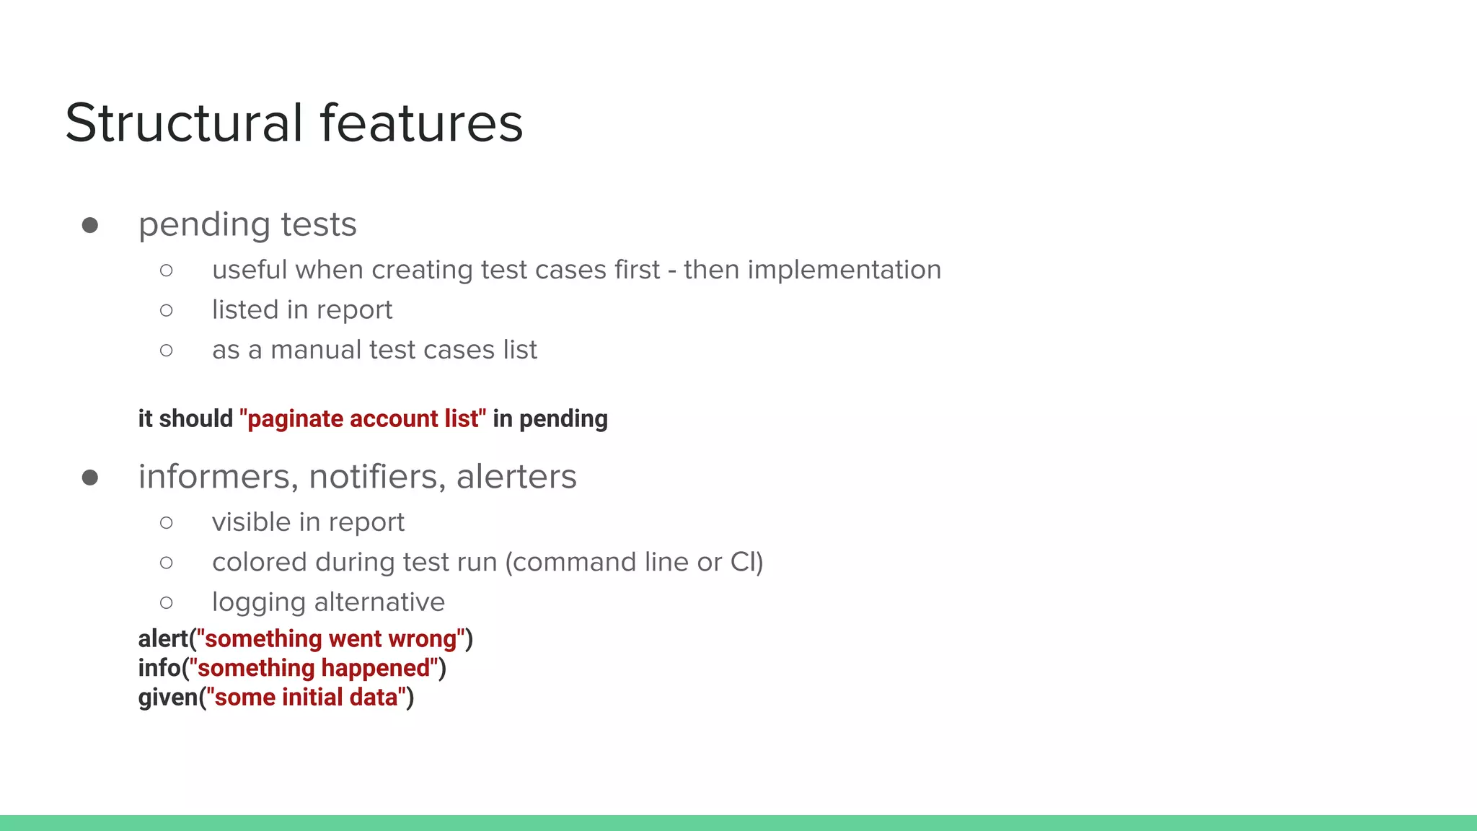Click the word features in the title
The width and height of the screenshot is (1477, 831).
tap(421, 123)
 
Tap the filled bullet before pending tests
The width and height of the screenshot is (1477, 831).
tap(90, 226)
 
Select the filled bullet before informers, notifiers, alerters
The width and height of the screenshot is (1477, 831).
tap(90, 478)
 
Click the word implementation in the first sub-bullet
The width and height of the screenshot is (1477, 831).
tap(844, 270)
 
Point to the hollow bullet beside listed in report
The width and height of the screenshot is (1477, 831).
tap(167, 311)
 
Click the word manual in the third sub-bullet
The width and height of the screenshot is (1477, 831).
tap(315, 350)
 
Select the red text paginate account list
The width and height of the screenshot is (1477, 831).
tap(363, 419)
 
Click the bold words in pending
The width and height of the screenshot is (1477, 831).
tap(550, 419)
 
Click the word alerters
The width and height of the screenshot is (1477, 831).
tap(516, 477)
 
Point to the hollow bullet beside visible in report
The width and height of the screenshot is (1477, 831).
tap(167, 523)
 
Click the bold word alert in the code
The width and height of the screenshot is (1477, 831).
tap(163, 639)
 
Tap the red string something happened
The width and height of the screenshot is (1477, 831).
tap(314, 669)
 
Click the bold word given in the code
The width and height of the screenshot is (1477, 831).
tap(168, 698)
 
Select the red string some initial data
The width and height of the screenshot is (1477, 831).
tap(307, 698)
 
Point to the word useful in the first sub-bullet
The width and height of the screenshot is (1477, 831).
tap(250, 270)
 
